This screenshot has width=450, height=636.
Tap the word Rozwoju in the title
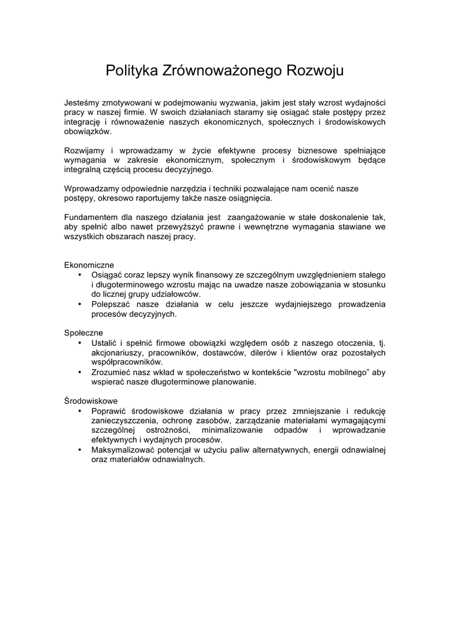314,71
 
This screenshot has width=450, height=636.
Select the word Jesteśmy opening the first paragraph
83,102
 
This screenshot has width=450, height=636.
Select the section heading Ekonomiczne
89,264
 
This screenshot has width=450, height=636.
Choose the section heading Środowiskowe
91,401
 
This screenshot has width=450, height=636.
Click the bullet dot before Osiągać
80,274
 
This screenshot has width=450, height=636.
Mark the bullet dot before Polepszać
80,304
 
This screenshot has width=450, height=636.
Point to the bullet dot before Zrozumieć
80,372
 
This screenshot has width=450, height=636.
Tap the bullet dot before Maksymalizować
80,450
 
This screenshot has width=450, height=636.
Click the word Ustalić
103,342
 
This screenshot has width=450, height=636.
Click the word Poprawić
109,411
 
